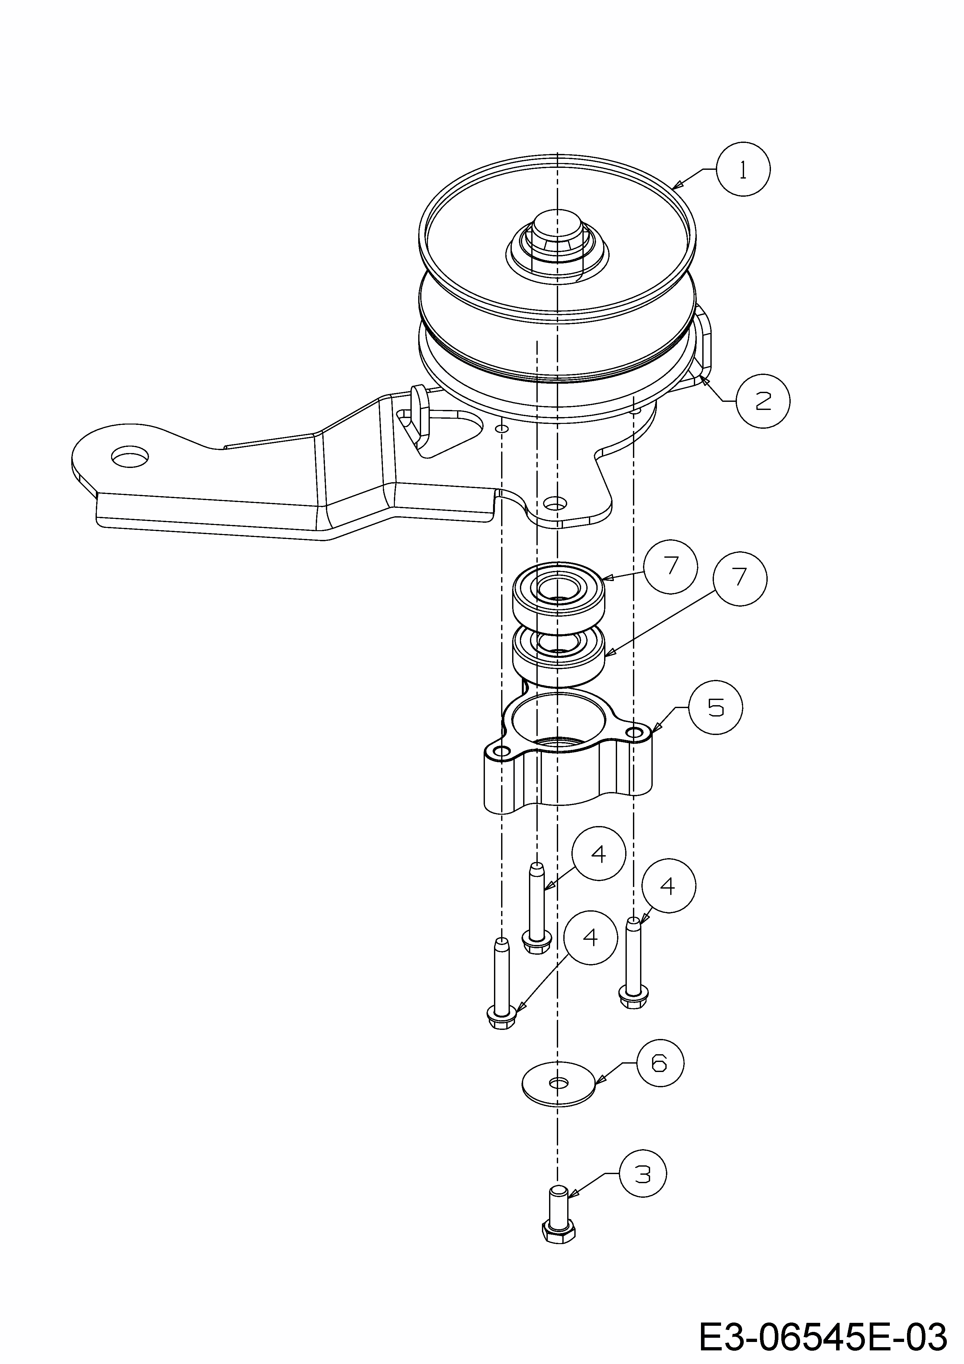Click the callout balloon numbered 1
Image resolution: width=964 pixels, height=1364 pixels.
(742, 169)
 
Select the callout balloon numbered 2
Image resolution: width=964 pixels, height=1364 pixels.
(763, 401)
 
